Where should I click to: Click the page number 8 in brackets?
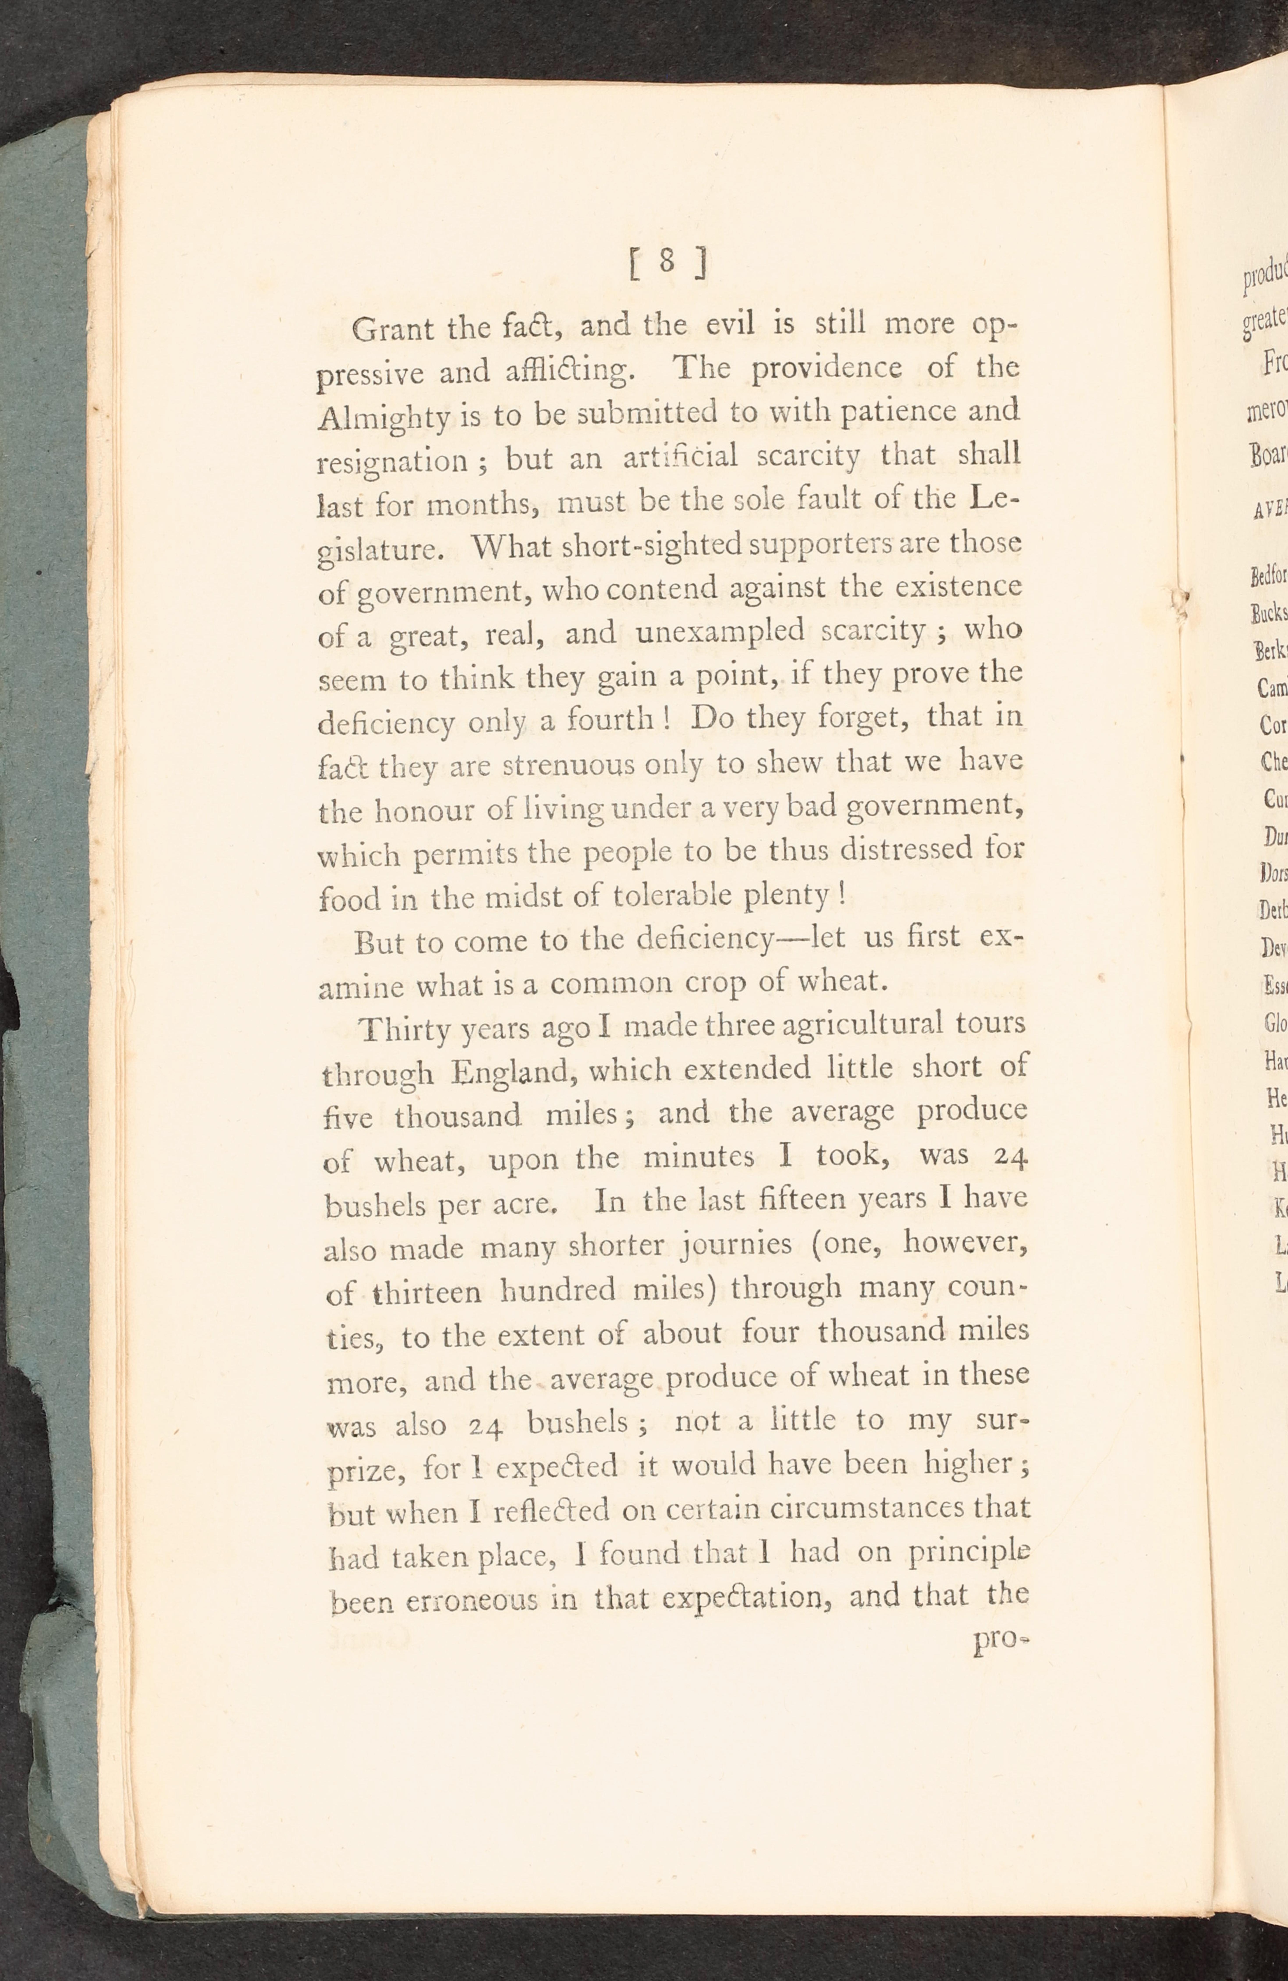(667, 263)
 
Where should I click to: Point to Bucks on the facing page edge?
(1268, 613)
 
